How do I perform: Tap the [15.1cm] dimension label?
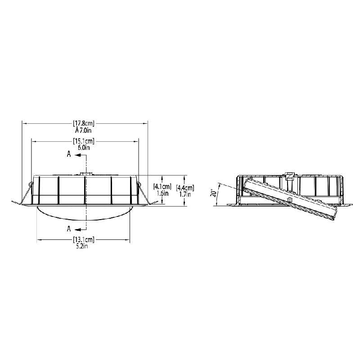point(84,141)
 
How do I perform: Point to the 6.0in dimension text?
point(84,147)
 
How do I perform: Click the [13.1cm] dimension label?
point(84,240)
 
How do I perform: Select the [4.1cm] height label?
point(162,186)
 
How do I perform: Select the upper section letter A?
point(69,154)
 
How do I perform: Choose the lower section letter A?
point(69,227)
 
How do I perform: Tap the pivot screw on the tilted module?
point(289,199)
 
